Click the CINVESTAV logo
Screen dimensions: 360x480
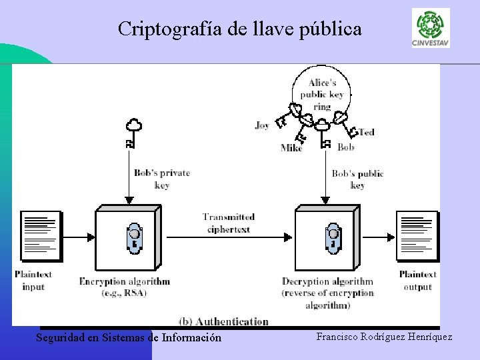(431, 27)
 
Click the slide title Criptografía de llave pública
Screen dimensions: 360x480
(240, 29)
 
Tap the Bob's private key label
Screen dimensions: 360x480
(162, 179)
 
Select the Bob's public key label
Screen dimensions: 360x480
(357, 179)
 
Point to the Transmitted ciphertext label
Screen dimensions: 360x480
(229, 223)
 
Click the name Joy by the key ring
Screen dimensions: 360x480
(262, 125)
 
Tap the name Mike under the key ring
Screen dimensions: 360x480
(291, 148)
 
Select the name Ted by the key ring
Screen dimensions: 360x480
(367, 132)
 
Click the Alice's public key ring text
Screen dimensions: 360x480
(322, 95)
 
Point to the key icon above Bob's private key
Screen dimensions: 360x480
(133, 133)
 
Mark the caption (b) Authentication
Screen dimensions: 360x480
(223, 321)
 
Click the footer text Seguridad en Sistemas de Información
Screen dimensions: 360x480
(129, 337)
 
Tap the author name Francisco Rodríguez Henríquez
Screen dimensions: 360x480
(384, 337)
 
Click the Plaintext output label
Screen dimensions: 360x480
(417, 280)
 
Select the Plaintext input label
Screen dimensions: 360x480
(33, 280)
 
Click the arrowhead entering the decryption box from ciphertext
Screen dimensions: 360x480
(289, 236)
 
